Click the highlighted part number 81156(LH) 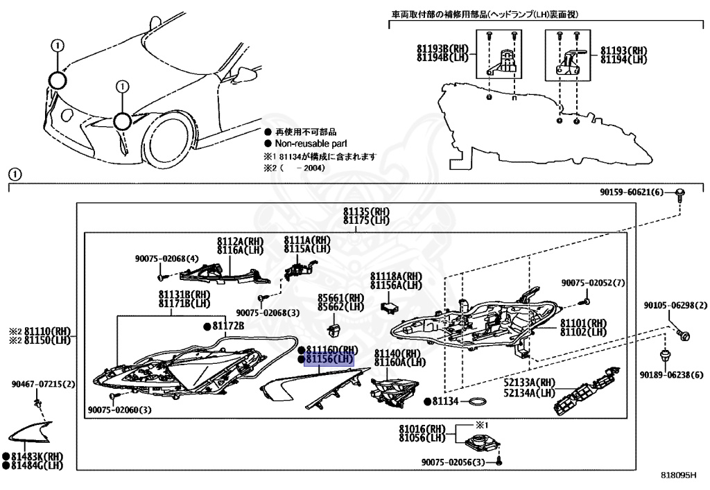[x=329, y=359]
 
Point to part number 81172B [x=228, y=326]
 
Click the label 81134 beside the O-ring [x=445, y=401]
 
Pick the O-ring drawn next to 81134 [x=475, y=401]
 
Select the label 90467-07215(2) [x=43, y=383]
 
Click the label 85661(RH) [x=340, y=297]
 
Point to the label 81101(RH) [x=583, y=323]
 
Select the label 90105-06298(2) [x=665, y=305]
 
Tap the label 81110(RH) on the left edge [x=48, y=333]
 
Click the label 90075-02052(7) [x=594, y=283]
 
